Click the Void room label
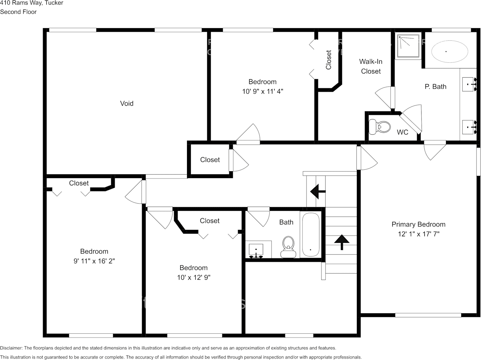tap(126, 104)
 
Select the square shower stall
tap(409, 46)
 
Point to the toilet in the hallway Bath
tap(288, 247)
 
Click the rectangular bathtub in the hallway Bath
tap(311, 235)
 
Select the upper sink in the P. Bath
tap(468, 84)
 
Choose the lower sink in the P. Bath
tap(468, 127)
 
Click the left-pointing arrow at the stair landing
tap(318, 192)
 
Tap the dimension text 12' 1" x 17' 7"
tap(419, 234)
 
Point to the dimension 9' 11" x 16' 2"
tap(94, 261)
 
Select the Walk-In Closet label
tap(371, 66)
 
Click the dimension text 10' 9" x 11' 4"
tap(262, 91)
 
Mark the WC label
tap(402, 132)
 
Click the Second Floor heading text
tap(18, 12)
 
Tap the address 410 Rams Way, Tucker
tap(32, 3)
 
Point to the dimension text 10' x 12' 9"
tap(193, 277)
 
